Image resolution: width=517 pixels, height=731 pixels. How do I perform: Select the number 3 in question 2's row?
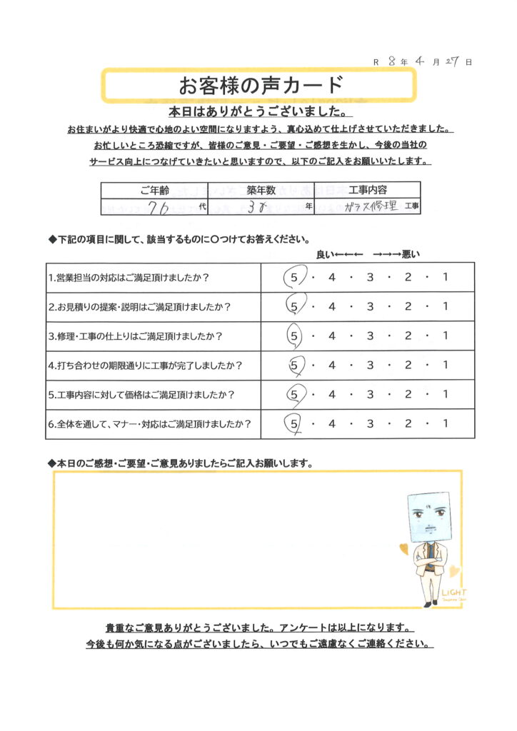coord(370,307)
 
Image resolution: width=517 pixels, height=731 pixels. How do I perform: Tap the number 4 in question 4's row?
coord(332,365)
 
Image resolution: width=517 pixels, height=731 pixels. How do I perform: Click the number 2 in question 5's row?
coord(408,395)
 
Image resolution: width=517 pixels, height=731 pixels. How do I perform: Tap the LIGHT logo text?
coord(453,592)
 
